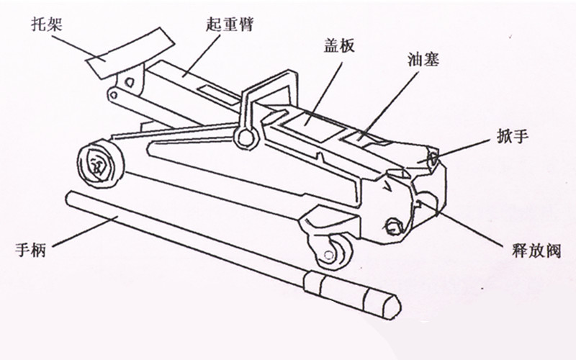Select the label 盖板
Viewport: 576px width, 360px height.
pos(339,45)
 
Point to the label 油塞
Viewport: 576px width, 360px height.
pos(423,59)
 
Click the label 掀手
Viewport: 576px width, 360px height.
pos(513,136)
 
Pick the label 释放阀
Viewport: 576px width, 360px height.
pos(536,251)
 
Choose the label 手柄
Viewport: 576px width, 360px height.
pos(30,250)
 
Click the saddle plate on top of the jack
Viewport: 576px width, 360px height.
pos(130,53)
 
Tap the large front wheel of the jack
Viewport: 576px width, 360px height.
pos(101,163)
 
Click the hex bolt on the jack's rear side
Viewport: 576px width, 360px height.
pos(393,226)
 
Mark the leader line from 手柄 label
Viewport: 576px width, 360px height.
pos(85,231)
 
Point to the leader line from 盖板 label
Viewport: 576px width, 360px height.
pos(324,93)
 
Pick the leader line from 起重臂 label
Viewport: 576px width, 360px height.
pos(202,55)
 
